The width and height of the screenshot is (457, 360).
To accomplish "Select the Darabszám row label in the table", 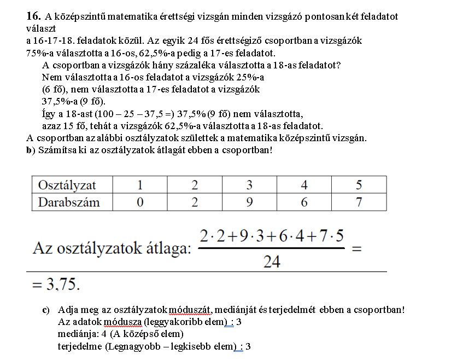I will click(69, 202).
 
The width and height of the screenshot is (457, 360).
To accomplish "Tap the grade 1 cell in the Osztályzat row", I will click(140, 185).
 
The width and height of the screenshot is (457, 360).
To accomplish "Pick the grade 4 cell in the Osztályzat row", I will click(304, 185).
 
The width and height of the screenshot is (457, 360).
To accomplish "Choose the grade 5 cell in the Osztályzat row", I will click(359, 185).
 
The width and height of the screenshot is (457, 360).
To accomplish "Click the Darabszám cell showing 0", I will click(140, 202).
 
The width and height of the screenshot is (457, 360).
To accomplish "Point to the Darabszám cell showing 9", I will click(249, 202).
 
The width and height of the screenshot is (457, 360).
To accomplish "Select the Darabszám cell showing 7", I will click(359, 202).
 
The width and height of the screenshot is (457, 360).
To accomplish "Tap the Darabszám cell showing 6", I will click(304, 202).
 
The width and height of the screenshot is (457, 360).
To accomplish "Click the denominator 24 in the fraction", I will click(272, 262).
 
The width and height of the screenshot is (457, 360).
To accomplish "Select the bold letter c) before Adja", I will click(46, 310).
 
